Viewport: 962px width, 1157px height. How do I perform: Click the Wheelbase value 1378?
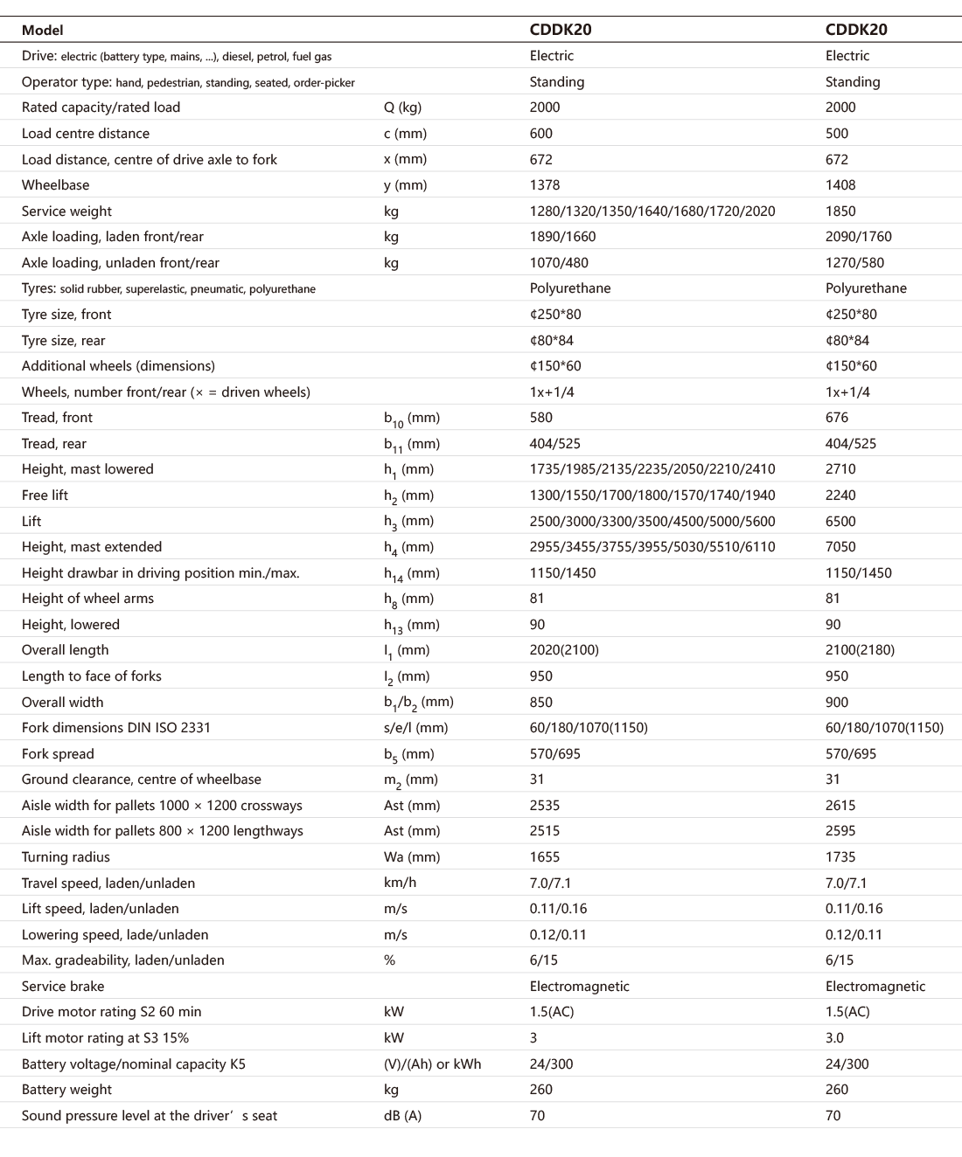pos(545,185)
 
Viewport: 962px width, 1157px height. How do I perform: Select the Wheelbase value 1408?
pos(840,185)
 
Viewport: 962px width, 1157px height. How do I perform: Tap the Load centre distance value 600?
pos(541,134)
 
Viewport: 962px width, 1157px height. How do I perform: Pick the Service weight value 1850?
pos(840,211)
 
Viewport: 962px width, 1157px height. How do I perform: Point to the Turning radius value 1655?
pos(545,857)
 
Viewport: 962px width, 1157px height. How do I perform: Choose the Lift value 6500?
pos(840,522)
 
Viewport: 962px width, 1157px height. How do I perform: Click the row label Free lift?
pos(45,495)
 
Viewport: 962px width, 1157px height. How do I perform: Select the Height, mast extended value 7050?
pos(840,547)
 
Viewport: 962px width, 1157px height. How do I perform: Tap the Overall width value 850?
pos(541,703)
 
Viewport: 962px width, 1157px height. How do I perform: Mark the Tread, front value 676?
pos(837,418)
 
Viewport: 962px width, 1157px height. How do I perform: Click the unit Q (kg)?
pos(402,107)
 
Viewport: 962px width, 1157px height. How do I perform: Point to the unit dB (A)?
pos(402,1116)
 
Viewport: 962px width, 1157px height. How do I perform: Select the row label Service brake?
pos(63,987)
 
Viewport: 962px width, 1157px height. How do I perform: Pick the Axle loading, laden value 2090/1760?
pos(859,237)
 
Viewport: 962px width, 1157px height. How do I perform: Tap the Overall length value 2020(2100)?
pos(565,650)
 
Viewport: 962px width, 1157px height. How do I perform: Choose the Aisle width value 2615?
pos(840,806)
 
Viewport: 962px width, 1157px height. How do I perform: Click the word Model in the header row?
pos(42,30)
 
